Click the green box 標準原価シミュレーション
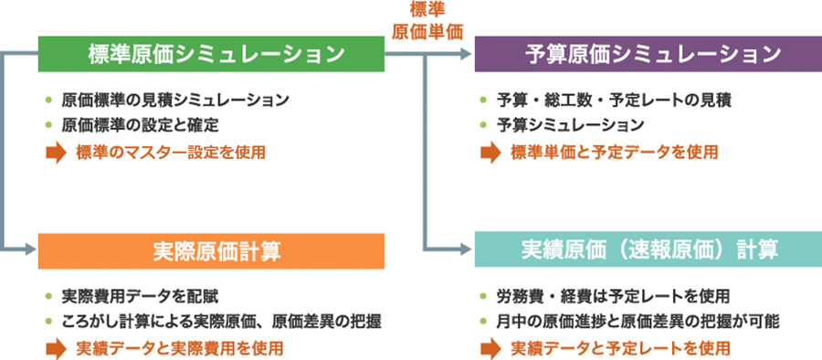(x=211, y=54)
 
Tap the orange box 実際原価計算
(x=211, y=250)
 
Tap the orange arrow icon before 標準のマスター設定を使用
(x=56, y=152)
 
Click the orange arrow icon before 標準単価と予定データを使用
(x=490, y=152)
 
